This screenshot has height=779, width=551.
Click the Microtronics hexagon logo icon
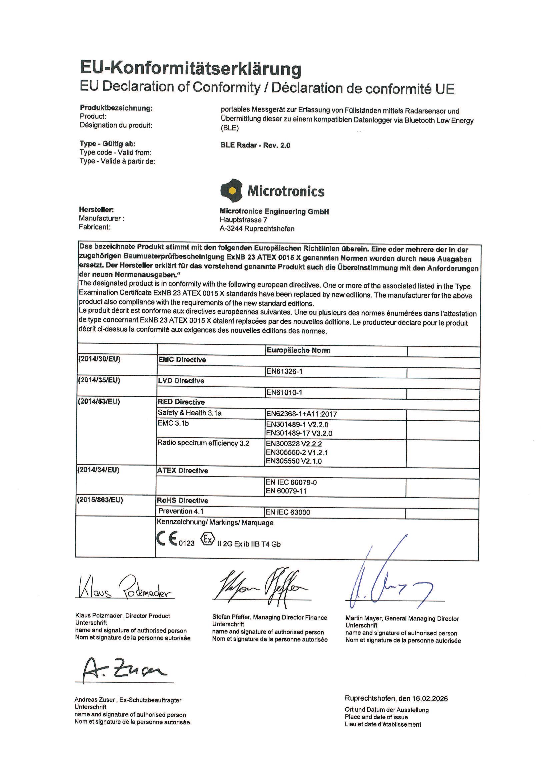[232, 191]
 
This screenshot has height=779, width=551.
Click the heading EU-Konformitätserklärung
[190, 68]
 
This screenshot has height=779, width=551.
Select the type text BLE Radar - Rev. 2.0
[255, 145]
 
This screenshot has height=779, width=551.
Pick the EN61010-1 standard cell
[284, 393]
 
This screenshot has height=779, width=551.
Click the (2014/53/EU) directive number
[99, 402]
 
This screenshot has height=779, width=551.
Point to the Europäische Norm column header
[298, 350]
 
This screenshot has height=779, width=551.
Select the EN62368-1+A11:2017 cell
[301, 414]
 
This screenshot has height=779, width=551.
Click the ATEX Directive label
[182, 471]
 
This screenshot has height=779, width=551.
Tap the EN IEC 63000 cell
[288, 512]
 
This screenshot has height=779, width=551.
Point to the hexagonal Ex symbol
[207, 539]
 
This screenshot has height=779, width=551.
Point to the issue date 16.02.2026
[430, 699]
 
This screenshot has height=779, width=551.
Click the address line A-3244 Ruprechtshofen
[257, 229]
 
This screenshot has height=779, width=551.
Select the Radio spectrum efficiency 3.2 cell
[203, 443]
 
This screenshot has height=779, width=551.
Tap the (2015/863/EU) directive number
[100, 500]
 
